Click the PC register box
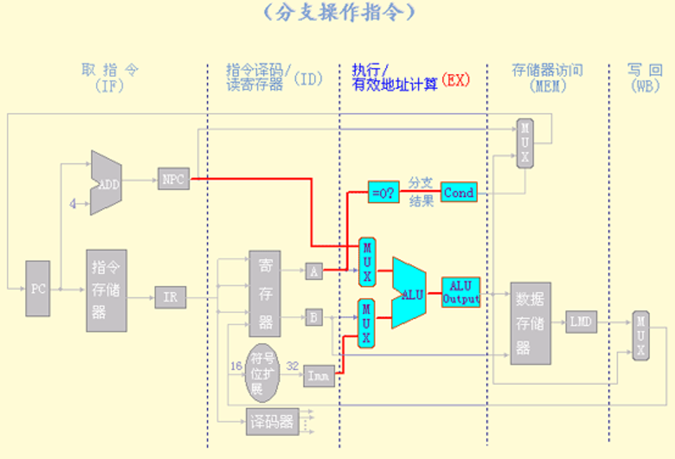pos(38,287)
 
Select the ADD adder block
pos(106,183)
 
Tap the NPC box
pos(173,179)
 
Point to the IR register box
pos(171,297)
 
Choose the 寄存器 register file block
pos(265,293)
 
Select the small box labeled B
pos(314,318)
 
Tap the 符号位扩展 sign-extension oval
pos(262,373)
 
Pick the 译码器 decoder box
pos(271,422)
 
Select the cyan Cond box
pos(459,192)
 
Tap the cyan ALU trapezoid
pos(410,293)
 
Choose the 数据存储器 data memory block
pos(530,323)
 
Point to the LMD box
pos(581,322)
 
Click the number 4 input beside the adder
pos(72,204)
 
